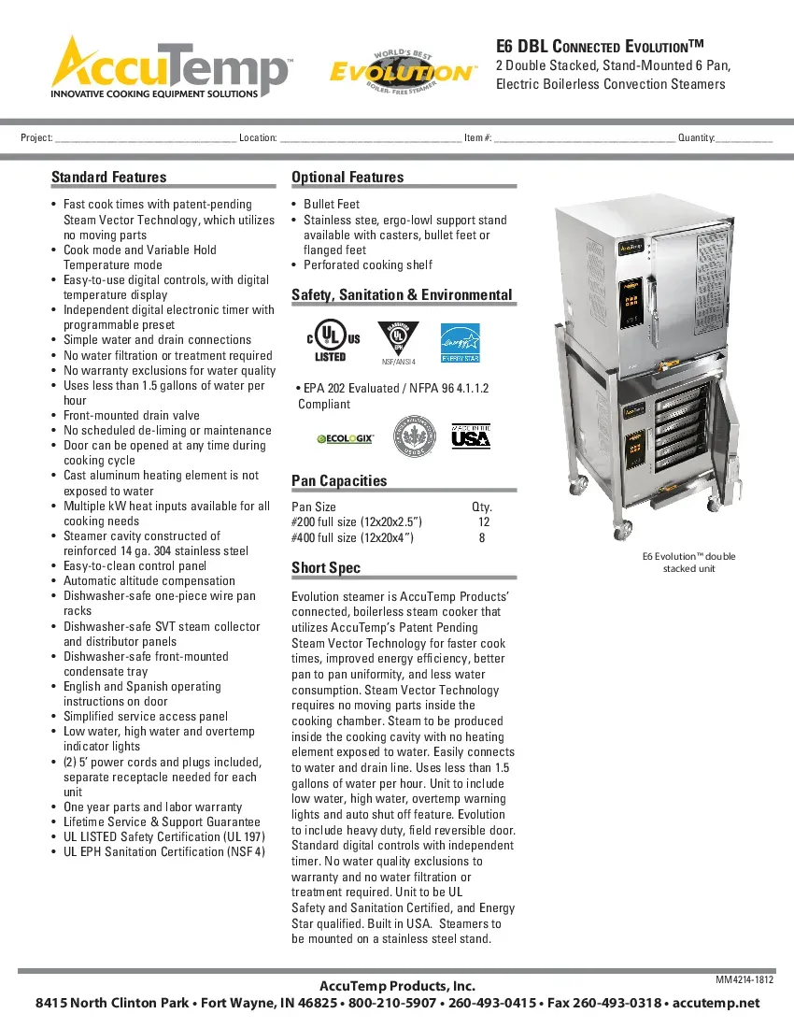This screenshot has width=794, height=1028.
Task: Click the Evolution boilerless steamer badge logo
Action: point(401,70)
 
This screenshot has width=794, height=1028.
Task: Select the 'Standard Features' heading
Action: point(108,178)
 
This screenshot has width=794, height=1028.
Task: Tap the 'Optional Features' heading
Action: point(347,178)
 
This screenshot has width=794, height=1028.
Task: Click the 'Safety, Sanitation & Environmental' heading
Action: point(402,295)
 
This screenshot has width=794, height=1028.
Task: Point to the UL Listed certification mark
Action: point(329,341)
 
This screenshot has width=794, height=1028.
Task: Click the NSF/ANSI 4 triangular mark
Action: point(399,341)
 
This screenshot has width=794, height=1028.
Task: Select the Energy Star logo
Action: point(460,341)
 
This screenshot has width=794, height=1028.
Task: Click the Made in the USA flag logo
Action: point(471,436)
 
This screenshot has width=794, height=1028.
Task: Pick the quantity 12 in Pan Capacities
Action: point(483,522)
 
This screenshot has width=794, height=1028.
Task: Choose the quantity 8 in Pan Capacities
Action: point(482,537)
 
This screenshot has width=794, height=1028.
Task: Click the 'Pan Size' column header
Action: point(314,507)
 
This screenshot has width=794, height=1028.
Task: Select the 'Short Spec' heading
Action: point(326,568)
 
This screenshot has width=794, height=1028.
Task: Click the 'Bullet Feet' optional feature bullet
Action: point(332,205)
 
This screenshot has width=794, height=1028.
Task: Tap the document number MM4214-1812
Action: point(744,979)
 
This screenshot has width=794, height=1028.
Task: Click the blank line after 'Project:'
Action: point(145,138)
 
